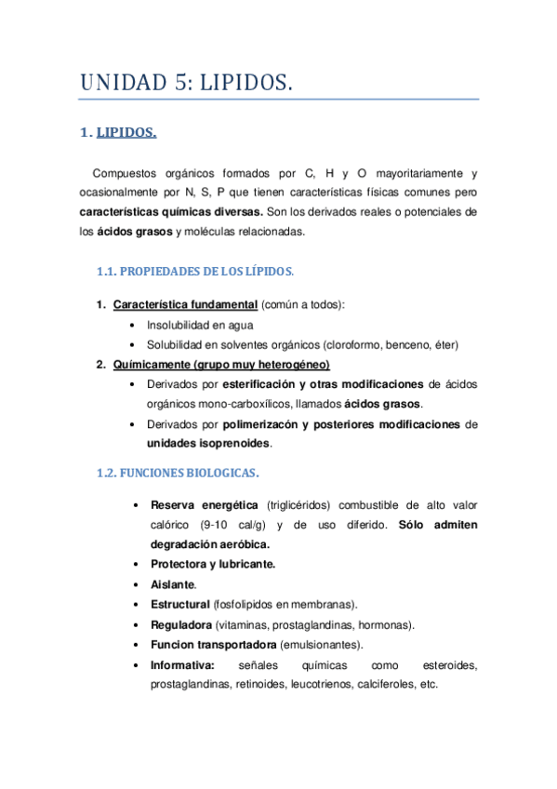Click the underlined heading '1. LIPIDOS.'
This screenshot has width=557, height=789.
[126, 132]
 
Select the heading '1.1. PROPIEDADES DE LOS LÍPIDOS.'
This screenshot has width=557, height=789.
[195, 272]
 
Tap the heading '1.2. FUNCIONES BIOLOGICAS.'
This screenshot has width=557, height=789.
[178, 473]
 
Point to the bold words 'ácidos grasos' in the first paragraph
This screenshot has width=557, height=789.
[135, 231]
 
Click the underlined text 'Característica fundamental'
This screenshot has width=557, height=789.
[185, 305]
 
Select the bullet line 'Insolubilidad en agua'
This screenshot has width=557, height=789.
[199, 325]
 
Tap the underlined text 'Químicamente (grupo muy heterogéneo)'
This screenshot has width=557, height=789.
[221, 364]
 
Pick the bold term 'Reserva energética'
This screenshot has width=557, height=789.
[206, 505]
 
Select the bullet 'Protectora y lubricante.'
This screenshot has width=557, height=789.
[212, 564]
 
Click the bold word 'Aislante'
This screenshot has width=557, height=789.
[172, 584]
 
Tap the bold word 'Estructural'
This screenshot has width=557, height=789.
[179, 604]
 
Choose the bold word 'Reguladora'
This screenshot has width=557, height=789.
[180, 624]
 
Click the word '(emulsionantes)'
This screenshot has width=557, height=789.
[322, 644]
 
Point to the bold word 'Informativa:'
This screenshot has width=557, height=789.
[182, 664]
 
